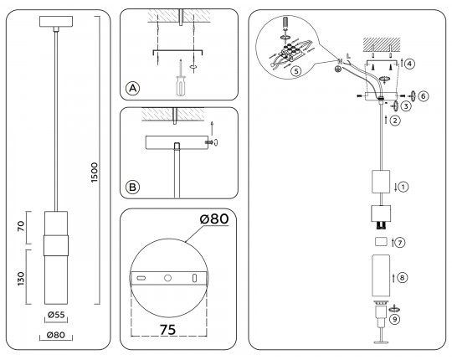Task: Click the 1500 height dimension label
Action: click(95, 171)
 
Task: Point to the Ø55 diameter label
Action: click(55, 316)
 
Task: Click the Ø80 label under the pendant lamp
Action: click(55, 336)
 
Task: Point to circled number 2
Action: click(395, 120)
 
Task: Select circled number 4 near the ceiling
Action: click(409, 62)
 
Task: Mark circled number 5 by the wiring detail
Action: click(295, 70)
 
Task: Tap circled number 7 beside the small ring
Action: click(401, 243)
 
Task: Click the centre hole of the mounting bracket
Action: click(168, 277)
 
